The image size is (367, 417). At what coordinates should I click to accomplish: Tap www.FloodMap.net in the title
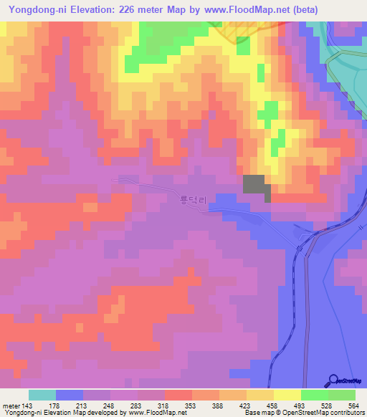click(x=244, y=9)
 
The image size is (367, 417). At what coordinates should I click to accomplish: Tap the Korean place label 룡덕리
click(x=194, y=201)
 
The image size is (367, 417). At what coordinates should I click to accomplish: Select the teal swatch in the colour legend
click(x=42, y=395)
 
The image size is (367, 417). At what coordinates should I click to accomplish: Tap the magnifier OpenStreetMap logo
click(x=333, y=380)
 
